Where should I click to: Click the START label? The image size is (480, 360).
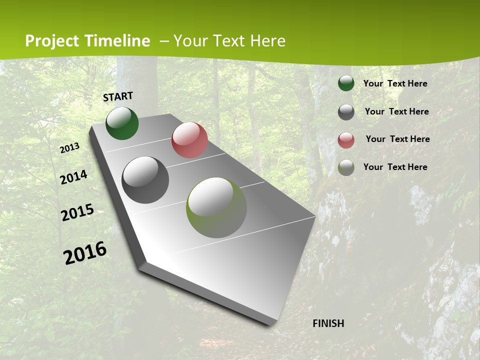pyautogui.click(x=118, y=96)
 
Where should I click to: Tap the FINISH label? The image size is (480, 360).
pyautogui.click(x=328, y=323)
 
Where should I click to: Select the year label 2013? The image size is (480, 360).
pyautogui.click(x=70, y=148)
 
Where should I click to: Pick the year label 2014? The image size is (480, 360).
pyautogui.click(x=74, y=177)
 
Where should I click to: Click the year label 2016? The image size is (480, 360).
pyautogui.click(x=85, y=253)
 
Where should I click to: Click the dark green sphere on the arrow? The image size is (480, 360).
pyautogui.click(x=122, y=123)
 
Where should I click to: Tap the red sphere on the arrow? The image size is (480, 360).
pyautogui.click(x=189, y=140)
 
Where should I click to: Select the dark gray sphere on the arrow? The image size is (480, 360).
pyautogui.click(x=145, y=180)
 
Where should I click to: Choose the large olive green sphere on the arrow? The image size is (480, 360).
pyautogui.click(x=216, y=207)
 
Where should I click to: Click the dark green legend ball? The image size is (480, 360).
pyautogui.click(x=346, y=83)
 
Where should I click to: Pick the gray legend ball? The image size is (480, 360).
pyautogui.click(x=346, y=112)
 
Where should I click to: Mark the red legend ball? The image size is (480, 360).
pyautogui.click(x=346, y=140)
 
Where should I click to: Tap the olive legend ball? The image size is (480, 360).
pyautogui.click(x=346, y=167)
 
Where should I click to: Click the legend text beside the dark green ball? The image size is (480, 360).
pyautogui.click(x=395, y=83)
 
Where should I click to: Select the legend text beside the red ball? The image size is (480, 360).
pyautogui.click(x=397, y=139)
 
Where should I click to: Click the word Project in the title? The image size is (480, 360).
pyautogui.click(x=52, y=41)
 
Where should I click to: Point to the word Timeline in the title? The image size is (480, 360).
pyautogui.click(x=117, y=41)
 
